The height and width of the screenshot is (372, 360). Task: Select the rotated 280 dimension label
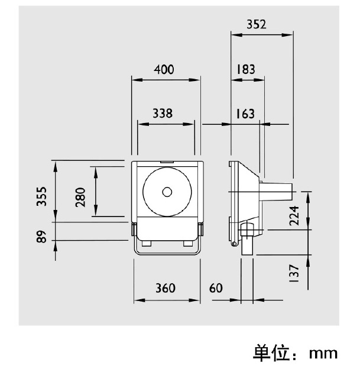coord(80,197)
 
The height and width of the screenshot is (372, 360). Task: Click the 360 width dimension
coord(165,288)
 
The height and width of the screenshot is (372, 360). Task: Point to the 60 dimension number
coord(216,288)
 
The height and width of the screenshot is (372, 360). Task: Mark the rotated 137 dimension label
coord(294,273)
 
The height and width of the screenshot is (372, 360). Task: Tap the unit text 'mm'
coord(323,354)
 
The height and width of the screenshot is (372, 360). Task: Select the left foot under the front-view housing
coord(145,242)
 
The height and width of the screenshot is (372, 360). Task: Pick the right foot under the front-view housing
coord(188,242)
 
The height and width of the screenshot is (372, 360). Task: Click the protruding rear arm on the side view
coord(278,191)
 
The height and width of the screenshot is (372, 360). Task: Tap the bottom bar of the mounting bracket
coord(167,254)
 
